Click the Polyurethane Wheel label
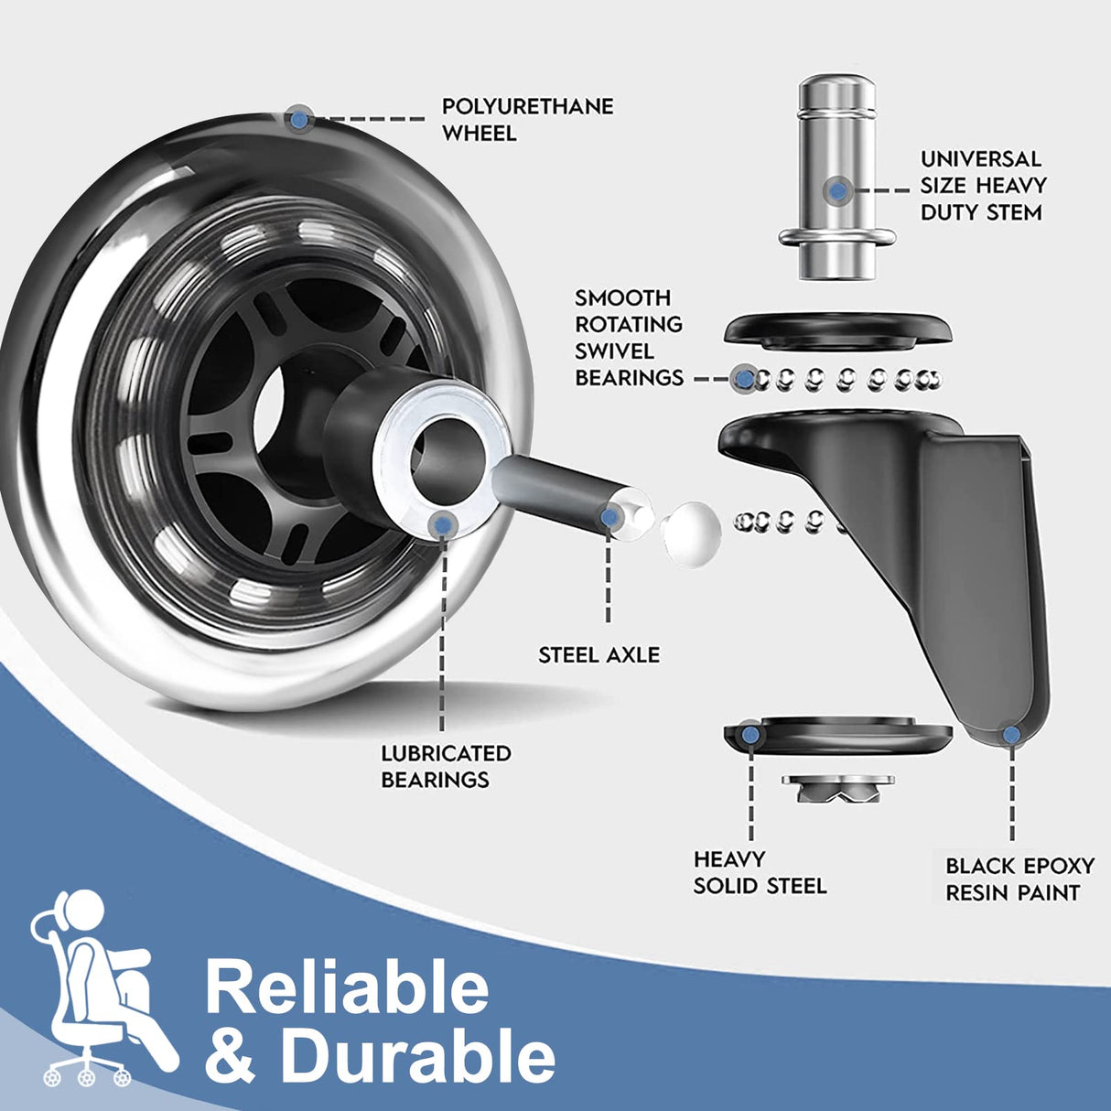click(527, 120)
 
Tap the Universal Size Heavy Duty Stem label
click(982, 186)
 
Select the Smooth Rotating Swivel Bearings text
click(629, 338)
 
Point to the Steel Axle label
click(599, 655)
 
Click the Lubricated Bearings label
click(446, 766)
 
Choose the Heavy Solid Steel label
click(760, 872)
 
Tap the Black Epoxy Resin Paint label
click(1019, 879)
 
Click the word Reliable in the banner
click(347, 987)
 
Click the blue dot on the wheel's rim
click(298, 118)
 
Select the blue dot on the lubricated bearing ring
click(444, 523)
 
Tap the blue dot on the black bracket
click(1010, 735)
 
